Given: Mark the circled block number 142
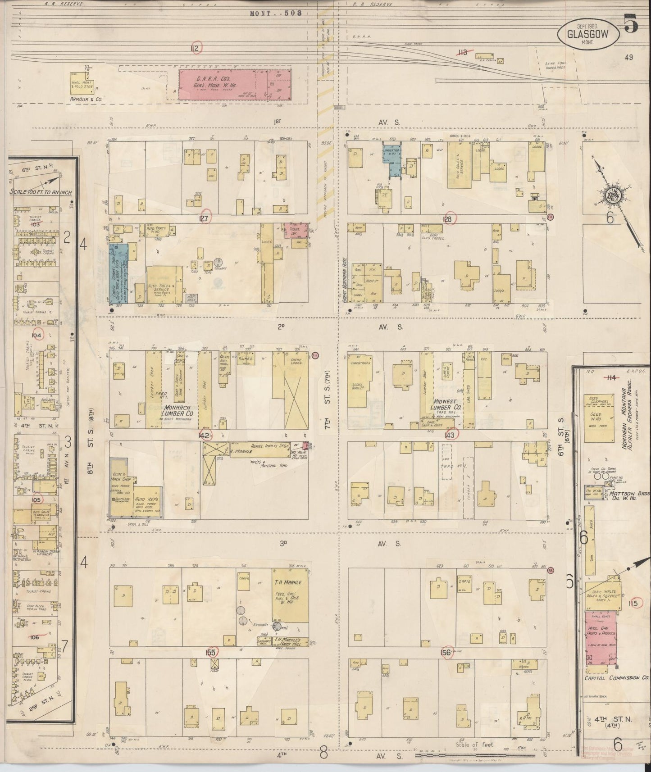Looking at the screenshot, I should point(205,435).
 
